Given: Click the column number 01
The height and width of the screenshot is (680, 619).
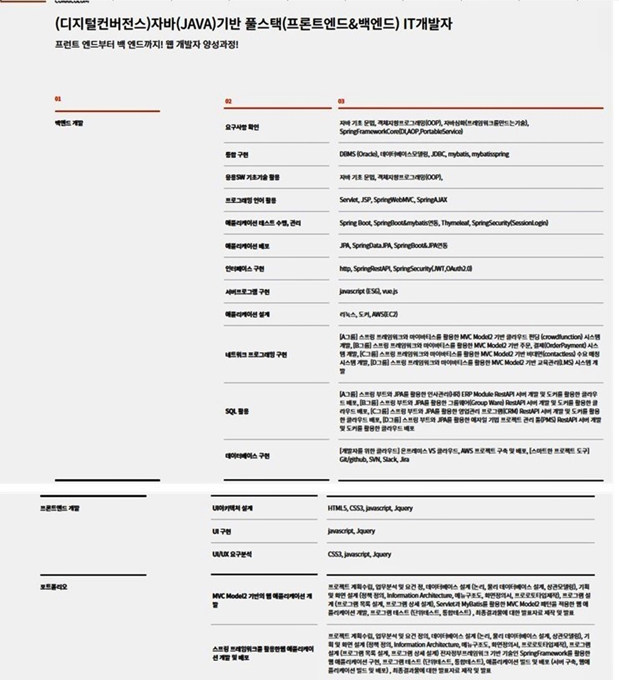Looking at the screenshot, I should coord(58,98).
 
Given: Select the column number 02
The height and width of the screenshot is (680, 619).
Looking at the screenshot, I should coord(228,101).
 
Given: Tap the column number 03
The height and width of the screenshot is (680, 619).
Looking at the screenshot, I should coord(341,101).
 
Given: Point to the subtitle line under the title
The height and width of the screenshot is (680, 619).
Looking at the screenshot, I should coord(145,45).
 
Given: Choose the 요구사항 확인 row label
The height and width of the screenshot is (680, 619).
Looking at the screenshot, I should coord(242,127).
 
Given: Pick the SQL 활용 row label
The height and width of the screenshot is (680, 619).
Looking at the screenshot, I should coord(236,411).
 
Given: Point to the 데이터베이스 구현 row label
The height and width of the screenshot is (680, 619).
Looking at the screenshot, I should coord(247,455).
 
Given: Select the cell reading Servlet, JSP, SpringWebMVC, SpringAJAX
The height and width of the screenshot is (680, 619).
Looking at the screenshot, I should coord(393,200).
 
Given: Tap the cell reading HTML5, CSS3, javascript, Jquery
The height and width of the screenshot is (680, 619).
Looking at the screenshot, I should coord(370,508).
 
